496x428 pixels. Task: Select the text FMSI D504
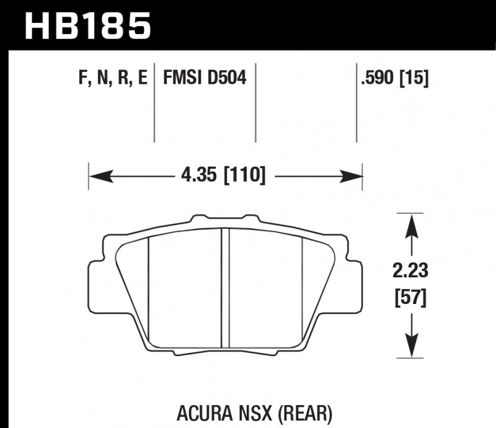(x=205, y=78)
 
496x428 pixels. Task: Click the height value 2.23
(x=410, y=271)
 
